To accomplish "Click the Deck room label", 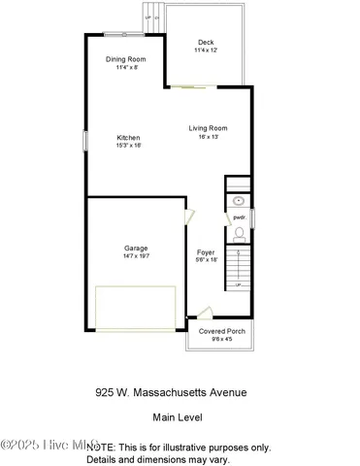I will pos(206,42).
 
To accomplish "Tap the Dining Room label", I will pos(126,59).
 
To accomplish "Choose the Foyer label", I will pos(206,251).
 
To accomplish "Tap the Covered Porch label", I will pos(222,331).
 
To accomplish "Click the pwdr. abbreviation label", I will pos(238,217).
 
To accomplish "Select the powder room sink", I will pos(239,201).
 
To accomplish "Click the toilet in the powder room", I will pos(239,233).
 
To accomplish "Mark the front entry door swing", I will pos(202,313).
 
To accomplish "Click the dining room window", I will pos(126,35).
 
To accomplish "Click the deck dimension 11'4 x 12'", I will pos(206,50).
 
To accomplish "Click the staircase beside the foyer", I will pos(238,267).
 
